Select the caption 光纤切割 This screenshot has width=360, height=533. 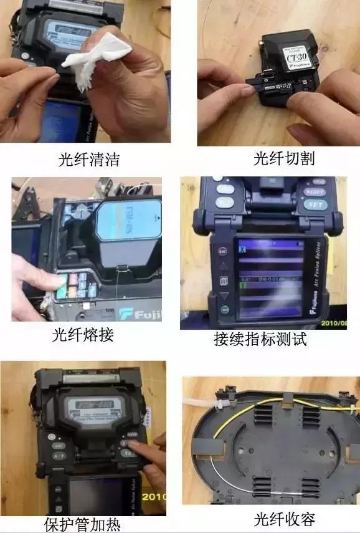[283, 158]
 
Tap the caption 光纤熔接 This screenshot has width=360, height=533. [83, 335]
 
